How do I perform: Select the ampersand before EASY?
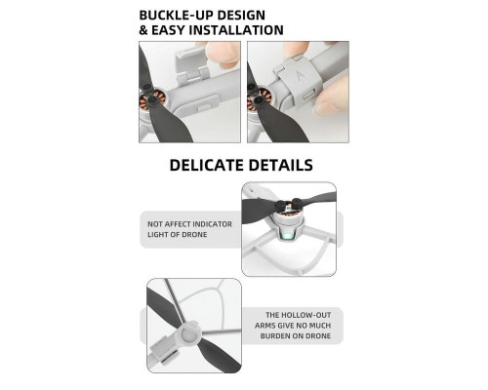[143, 30]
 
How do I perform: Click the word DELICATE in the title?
[205, 165]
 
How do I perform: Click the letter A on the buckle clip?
[300, 75]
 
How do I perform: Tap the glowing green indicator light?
[285, 237]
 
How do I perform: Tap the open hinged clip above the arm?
[191, 64]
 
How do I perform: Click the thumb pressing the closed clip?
[329, 97]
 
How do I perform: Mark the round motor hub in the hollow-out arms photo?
[188, 332]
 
